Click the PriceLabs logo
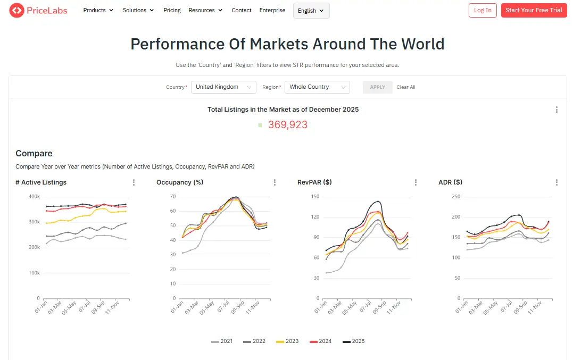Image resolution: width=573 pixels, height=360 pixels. click(38, 10)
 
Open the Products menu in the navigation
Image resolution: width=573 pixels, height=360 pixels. click(98, 10)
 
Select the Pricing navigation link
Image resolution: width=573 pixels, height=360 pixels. click(172, 10)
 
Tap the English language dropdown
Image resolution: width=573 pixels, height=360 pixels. click(311, 11)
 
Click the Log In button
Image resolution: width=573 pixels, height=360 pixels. click(483, 10)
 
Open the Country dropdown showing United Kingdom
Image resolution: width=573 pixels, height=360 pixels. click(223, 87)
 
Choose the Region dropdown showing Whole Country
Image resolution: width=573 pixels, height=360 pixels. click(317, 87)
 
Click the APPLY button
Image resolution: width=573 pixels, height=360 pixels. click(377, 87)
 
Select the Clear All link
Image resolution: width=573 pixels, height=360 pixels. click(406, 87)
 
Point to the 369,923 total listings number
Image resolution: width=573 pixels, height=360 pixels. click(287, 125)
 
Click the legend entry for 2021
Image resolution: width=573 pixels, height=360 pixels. click(222, 341)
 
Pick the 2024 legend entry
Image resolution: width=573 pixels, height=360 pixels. click(321, 341)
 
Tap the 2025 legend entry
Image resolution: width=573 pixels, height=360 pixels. click(354, 341)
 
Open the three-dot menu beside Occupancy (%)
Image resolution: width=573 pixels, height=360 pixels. click(275, 182)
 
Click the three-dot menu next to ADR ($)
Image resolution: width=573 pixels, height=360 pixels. click(557, 182)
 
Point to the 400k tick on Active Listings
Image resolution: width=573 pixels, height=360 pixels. click(34, 197)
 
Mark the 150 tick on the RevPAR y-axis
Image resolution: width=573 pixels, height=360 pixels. click(315, 197)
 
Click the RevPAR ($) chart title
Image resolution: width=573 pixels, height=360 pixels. click(314, 182)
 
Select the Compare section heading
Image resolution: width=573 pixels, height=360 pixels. click(34, 154)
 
